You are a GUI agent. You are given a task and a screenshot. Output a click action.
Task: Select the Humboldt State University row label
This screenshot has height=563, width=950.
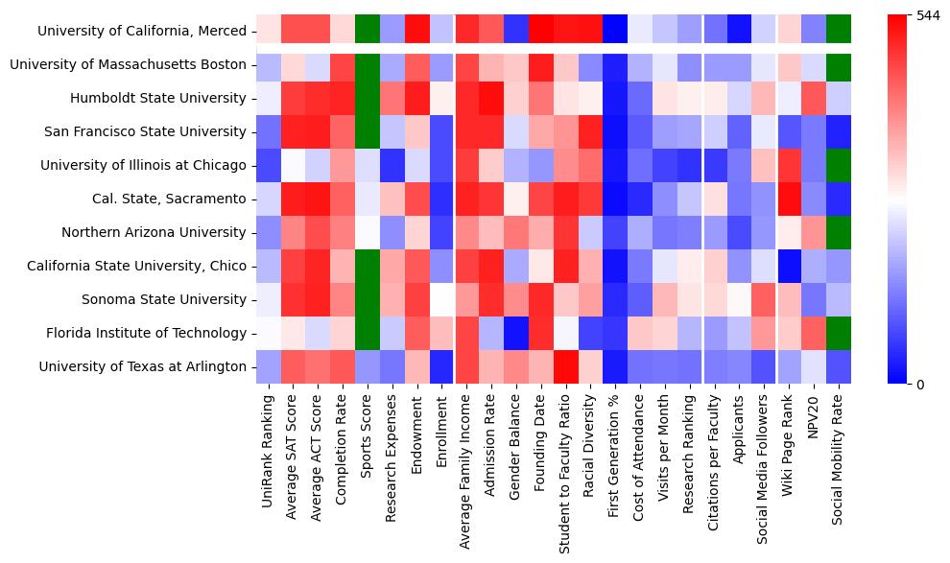pos(158,99)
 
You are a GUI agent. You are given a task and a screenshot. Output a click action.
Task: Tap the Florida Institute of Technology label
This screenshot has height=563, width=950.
pos(147,333)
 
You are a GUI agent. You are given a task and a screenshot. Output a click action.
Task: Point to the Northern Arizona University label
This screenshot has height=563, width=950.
pos(154,232)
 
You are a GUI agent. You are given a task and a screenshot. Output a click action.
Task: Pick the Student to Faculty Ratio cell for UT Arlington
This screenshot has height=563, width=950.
pos(563,366)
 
